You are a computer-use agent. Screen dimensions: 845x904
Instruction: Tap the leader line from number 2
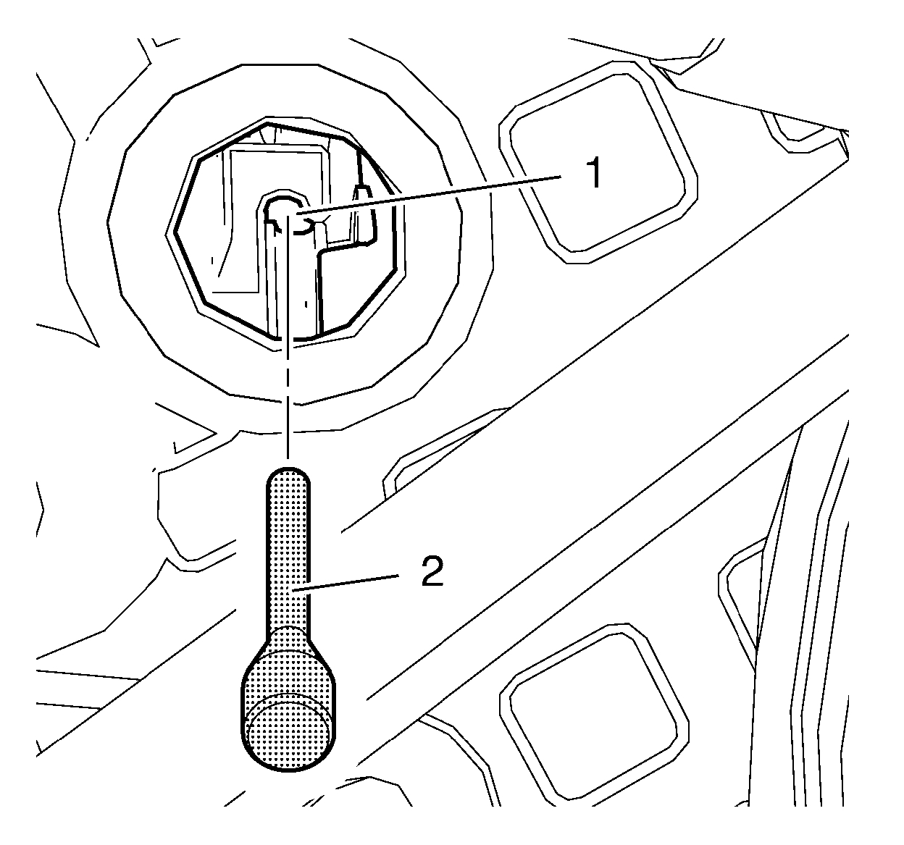point(355,583)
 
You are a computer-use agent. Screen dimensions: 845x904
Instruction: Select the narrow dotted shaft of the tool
point(288,550)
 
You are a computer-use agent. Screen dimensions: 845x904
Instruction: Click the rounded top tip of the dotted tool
point(288,478)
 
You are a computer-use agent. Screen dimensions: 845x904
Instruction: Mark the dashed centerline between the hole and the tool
point(288,405)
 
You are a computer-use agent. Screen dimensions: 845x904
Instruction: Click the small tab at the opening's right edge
point(363,210)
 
